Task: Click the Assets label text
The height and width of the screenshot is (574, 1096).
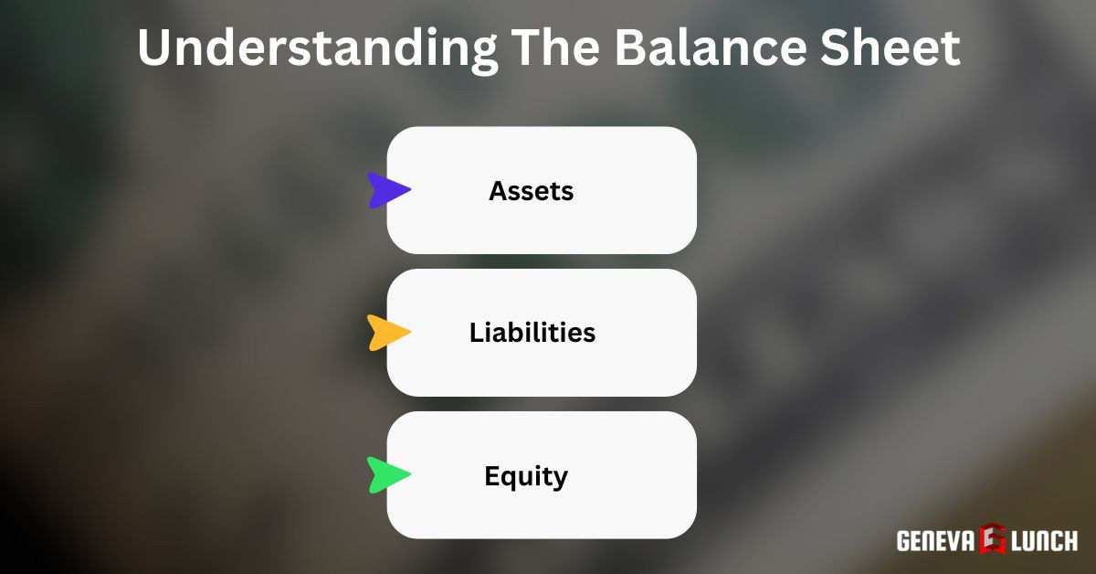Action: tap(532, 191)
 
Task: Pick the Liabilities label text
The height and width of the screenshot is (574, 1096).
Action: tap(532, 333)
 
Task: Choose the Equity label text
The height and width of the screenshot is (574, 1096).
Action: tap(526, 476)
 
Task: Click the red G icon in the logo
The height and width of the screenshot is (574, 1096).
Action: tap(992, 540)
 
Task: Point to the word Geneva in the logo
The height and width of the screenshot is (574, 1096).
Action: tap(937, 540)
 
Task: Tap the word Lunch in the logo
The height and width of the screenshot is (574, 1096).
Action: tap(1043, 540)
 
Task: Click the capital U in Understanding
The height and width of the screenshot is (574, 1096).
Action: tap(156, 48)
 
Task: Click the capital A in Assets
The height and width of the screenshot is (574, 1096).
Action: tap(498, 191)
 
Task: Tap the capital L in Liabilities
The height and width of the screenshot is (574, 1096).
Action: tap(476, 333)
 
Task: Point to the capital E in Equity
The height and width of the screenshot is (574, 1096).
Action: tap(491, 476)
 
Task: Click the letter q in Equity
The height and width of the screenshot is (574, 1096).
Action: tap(508, 479)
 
